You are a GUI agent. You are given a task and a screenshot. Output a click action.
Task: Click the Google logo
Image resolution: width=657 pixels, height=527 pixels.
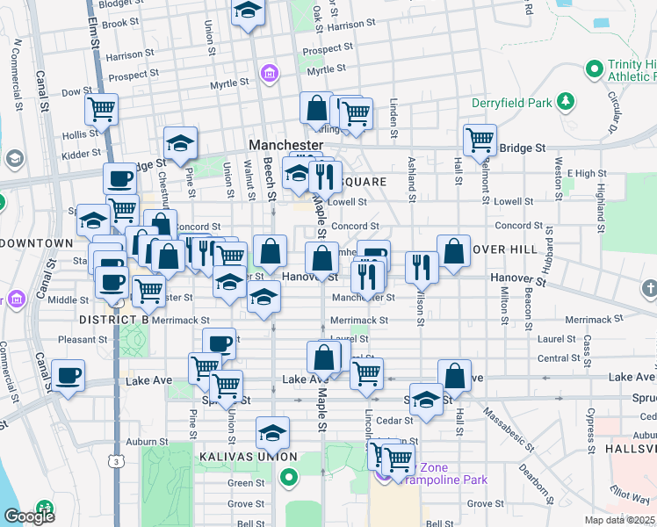(29, 516)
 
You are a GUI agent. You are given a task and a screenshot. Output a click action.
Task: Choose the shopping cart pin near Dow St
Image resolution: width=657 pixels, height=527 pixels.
(102, 111)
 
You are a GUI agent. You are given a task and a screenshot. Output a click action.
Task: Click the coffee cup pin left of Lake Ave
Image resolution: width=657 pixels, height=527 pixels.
(68, 376)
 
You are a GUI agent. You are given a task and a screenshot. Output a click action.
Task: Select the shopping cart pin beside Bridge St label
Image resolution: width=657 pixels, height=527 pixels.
(480, 139)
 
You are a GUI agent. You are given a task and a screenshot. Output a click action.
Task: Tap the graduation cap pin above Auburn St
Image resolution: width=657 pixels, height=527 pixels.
(272, 432)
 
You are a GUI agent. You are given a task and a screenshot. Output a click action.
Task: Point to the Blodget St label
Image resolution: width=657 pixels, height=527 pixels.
(121, 4)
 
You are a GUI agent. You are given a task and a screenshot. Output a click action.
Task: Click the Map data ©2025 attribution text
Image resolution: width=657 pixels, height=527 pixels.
(620, 520)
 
